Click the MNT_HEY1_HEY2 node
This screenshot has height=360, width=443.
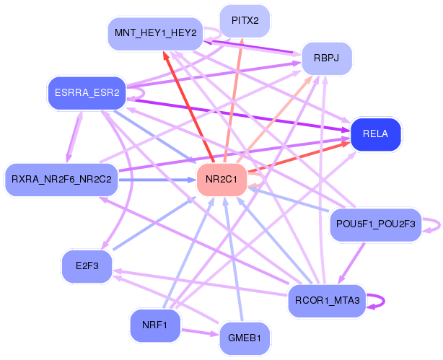[154, 33]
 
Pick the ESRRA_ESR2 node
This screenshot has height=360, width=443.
[87, 92]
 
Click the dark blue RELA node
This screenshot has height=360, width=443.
[375, 134]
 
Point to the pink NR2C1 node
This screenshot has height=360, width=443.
[221, 177]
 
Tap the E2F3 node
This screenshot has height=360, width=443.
[86, 265]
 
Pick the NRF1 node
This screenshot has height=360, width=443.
[155, 325]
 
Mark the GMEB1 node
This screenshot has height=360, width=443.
[244, 338]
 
